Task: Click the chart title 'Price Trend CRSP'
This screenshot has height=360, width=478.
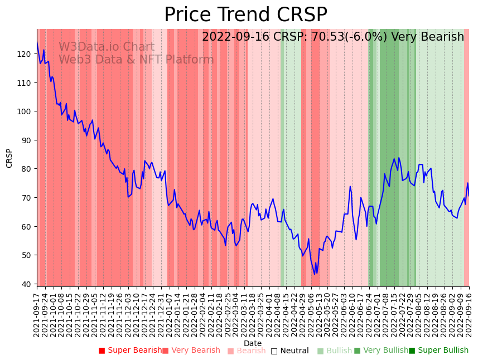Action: [245, 15]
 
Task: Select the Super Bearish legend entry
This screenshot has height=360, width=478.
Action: [130, 351]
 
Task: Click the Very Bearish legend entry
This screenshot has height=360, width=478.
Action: [191, 351]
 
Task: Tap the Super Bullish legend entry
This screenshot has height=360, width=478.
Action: [438, 351]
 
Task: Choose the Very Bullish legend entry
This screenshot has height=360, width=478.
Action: [381, 351]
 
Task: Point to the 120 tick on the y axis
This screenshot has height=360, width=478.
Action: [24, 54]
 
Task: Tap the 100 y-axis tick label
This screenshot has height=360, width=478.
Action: [24, 111]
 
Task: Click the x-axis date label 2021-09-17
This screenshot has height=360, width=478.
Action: [37, 313]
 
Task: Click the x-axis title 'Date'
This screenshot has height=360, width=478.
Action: [253, 344]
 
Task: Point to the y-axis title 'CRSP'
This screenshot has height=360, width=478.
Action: [9, 158]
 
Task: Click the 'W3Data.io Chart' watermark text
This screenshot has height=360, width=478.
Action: [106, 47]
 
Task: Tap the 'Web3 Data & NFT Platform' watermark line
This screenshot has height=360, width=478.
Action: [136, 60]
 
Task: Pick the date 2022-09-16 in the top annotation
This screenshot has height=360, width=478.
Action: [237, 37]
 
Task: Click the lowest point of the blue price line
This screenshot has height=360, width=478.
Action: [315, 274]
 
